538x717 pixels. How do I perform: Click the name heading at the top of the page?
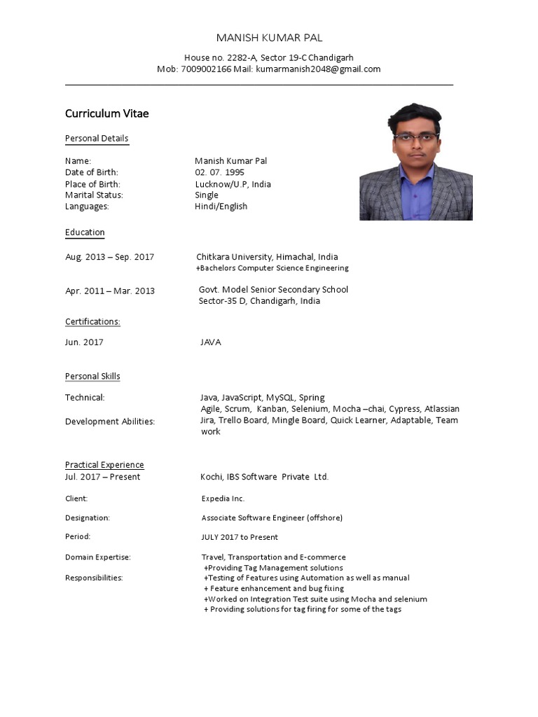(269, 38)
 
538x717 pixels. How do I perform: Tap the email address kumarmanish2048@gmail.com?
(318, 69)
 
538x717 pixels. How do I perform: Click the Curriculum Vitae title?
(106, 113)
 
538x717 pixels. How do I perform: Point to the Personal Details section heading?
(97, 138)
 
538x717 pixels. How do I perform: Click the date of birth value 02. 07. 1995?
(220, 172)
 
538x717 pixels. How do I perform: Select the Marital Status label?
(94, 195)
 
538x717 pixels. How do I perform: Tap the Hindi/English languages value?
(221, 207)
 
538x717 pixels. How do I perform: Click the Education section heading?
(85, 232)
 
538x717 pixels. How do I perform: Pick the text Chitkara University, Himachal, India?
(267, 257)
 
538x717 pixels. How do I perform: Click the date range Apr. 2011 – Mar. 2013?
(109, 291)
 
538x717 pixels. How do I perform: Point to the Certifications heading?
(92, 321)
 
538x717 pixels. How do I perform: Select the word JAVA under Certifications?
(211, 342)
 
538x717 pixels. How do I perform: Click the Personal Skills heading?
(92, 376)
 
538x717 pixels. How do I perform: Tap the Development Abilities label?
(109, 422)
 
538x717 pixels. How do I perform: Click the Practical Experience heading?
(104, 465)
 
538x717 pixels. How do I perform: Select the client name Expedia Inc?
(223, 499)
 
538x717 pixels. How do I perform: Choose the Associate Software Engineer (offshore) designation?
(272, 517)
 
